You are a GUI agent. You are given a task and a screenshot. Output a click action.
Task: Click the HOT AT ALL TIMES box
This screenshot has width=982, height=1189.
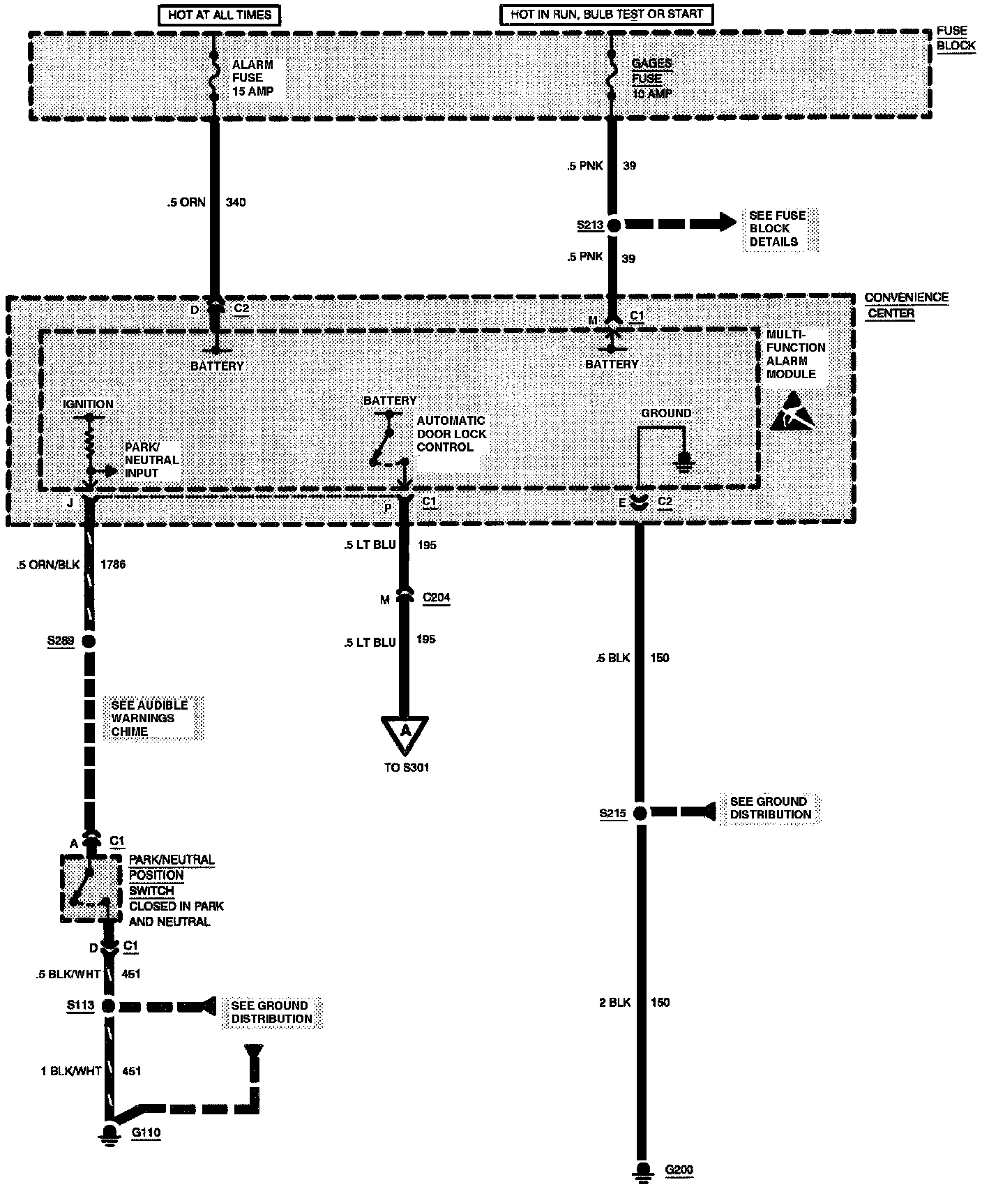[220, 14]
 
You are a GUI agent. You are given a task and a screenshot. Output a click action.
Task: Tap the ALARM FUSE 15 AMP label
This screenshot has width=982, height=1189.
[252, 77]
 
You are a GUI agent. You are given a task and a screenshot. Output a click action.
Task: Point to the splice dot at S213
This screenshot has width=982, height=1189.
[614, 225]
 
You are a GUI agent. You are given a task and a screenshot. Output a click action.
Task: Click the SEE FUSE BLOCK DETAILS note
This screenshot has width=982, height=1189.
[777, 229]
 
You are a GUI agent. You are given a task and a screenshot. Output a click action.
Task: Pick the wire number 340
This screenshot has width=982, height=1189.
[236, 202]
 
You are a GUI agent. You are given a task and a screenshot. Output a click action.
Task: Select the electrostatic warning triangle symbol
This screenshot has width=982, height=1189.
[792, 411]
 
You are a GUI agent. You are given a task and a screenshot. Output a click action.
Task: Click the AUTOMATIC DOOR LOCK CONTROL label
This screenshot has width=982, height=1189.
[451, 434]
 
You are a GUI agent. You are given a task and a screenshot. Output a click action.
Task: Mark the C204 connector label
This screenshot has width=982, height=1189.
[436, 598]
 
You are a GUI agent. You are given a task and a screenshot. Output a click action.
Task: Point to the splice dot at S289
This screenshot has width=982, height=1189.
[89, 641]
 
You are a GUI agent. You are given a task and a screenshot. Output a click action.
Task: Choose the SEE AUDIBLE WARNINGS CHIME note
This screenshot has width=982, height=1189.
[149, 718]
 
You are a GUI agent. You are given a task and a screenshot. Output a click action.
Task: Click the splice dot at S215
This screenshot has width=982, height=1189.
[639, 813]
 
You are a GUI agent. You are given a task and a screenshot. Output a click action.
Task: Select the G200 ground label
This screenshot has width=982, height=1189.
[679, 1170]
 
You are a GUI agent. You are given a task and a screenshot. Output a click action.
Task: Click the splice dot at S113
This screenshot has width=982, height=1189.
[108, 1005]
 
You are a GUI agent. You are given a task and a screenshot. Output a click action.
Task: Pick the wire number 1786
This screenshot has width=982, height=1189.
[113, 564]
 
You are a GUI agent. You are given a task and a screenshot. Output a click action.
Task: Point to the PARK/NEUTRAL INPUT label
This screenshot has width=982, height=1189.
[151, 460]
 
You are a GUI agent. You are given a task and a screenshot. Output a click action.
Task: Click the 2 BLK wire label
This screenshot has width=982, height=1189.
[614, 1003]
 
